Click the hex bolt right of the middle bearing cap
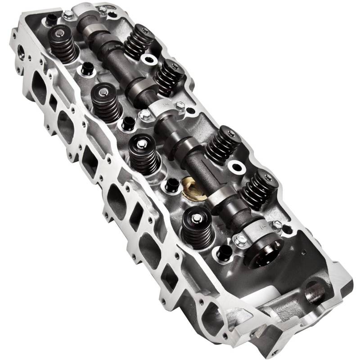click(x=180, y=106)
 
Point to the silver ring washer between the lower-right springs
click(x=236, y=168)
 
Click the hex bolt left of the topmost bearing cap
click(x=68, y=15)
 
